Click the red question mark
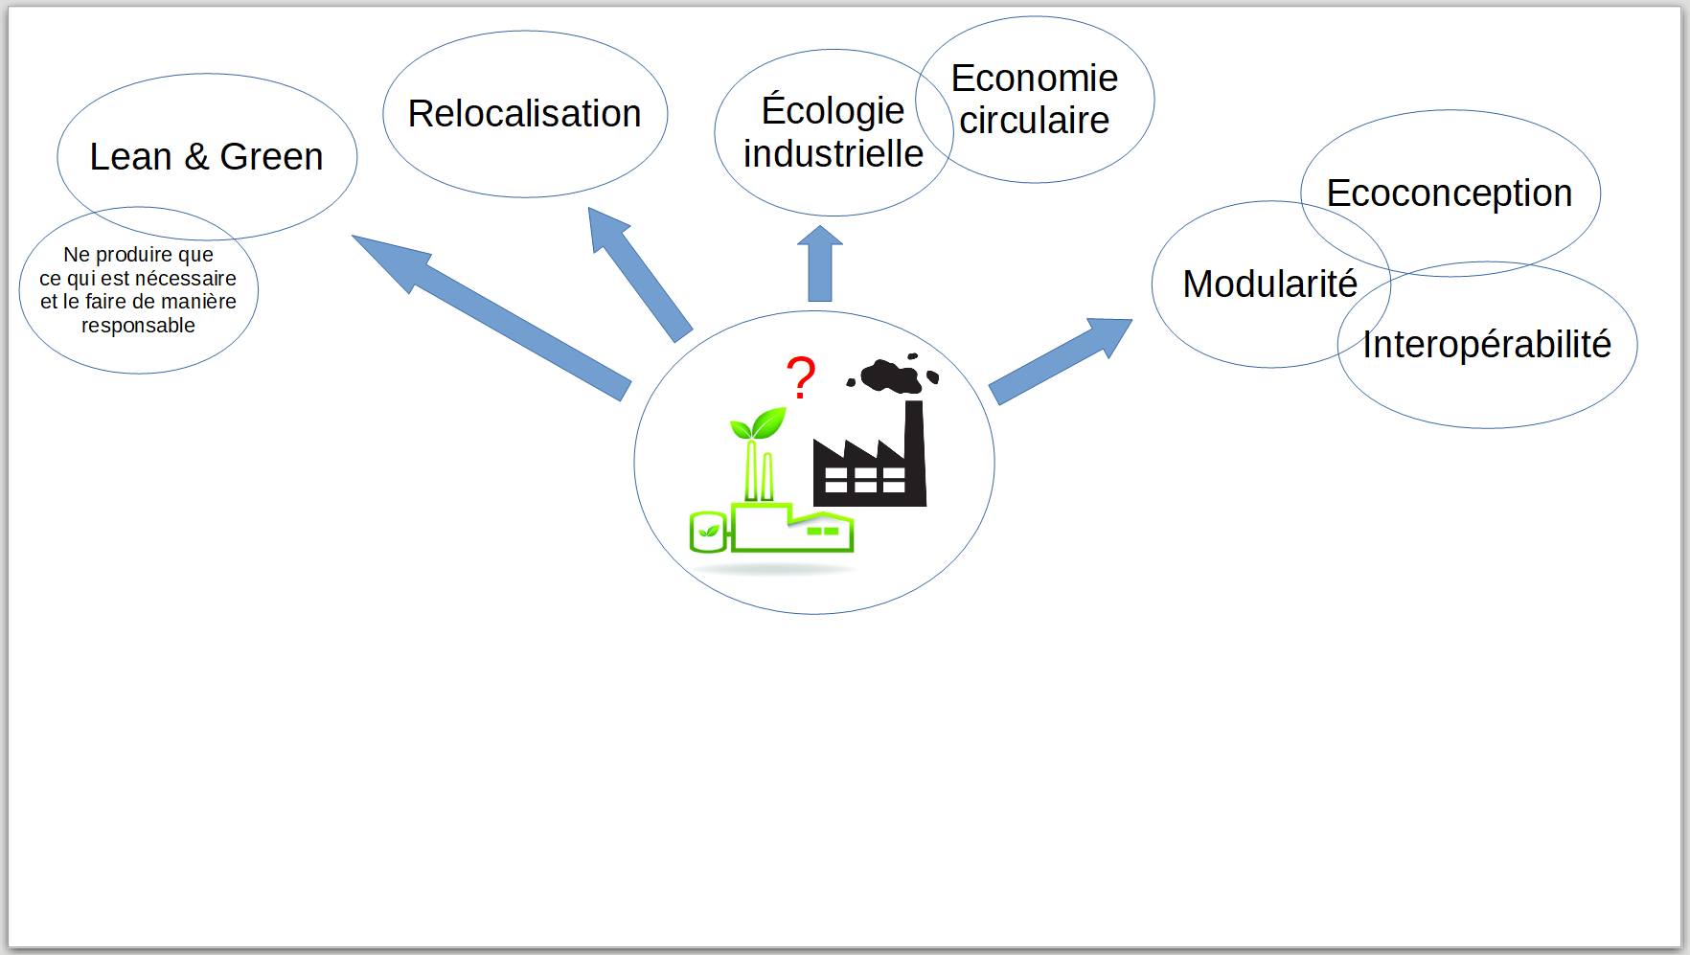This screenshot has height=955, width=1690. (x=801, y=376)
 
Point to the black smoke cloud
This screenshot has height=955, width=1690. (x=893, y=373)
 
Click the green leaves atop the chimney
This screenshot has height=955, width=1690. (x=759, y=423)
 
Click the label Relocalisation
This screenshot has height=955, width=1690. (x=524, y=114)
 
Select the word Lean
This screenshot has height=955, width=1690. (x=130, y=157)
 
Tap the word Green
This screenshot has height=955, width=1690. (x=271, y=157)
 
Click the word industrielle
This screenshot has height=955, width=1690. (x=834, y=153)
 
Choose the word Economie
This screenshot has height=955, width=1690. (x=1035, y=79)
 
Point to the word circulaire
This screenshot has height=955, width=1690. (x=1035, y=121)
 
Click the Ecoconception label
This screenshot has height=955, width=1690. (x=1450, y=193)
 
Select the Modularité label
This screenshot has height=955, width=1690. (x=1270, y=284)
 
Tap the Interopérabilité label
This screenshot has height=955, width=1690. (x=1487, y=345)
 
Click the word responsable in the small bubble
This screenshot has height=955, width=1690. (x=138, y=326)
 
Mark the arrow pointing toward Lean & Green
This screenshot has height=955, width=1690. (x=491, y=317)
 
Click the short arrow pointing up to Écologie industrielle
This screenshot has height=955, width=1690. (x=820, y=263)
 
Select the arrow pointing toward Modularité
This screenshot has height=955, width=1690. (x=1061, y=361)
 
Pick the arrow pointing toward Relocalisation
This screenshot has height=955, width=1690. (x=640, y=275)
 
